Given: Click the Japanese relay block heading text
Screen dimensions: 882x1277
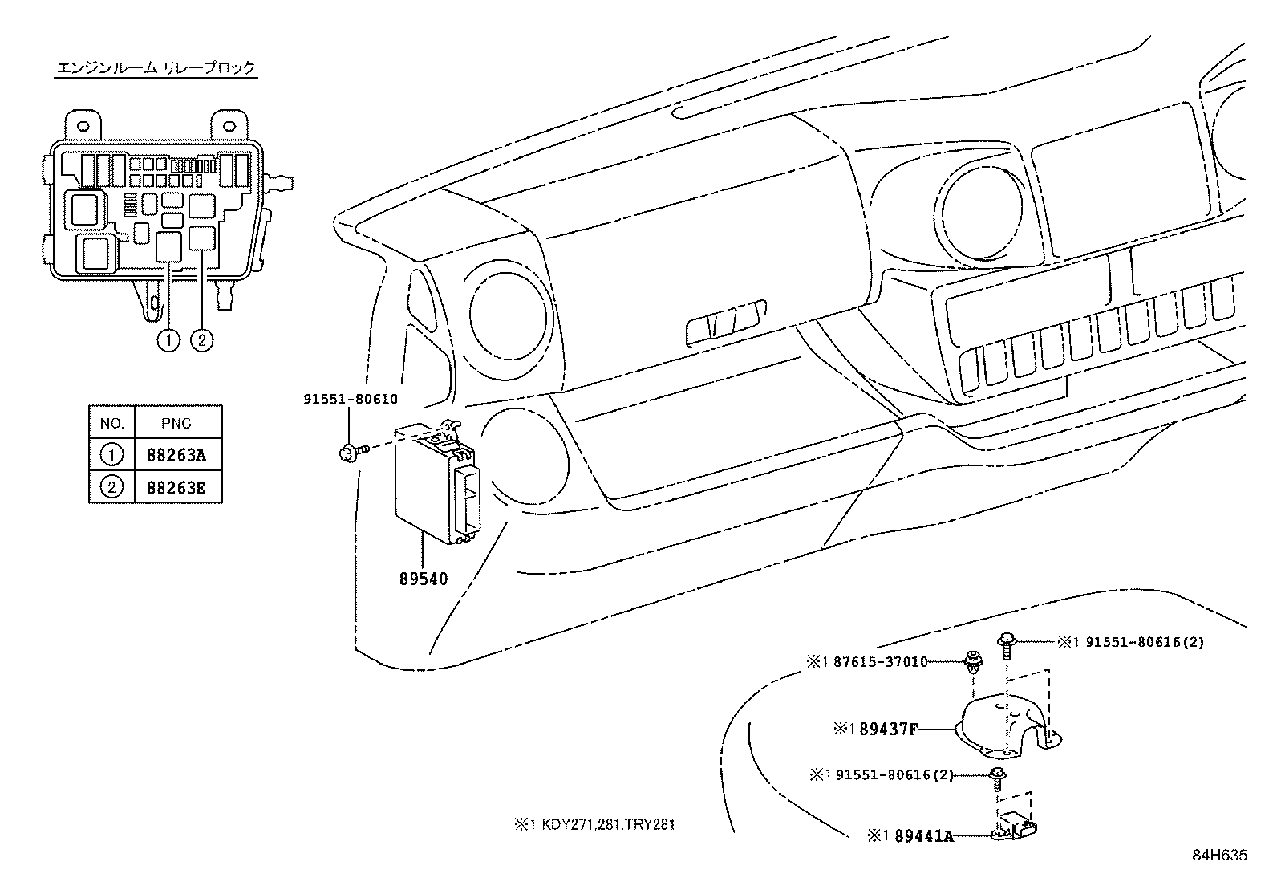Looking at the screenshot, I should [x=156, y=68].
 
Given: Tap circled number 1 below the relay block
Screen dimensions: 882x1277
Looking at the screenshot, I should [x=168, y=340].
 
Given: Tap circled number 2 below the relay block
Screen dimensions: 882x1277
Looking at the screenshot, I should [x=201, y=340].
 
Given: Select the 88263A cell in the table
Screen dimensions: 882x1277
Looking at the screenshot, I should [x=176, y=456].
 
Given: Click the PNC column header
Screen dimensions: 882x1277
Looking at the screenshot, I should [x=176, y=423].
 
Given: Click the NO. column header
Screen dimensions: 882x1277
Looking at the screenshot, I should [x=111, y=423].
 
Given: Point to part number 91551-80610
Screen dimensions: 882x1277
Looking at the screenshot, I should [x=351, y=399].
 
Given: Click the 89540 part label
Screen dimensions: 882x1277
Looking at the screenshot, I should [x=423, y=579].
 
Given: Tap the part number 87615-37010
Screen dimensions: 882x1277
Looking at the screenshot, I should [x=880, y=662].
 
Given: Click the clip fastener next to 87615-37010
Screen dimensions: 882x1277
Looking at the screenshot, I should [x=973, y=665].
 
